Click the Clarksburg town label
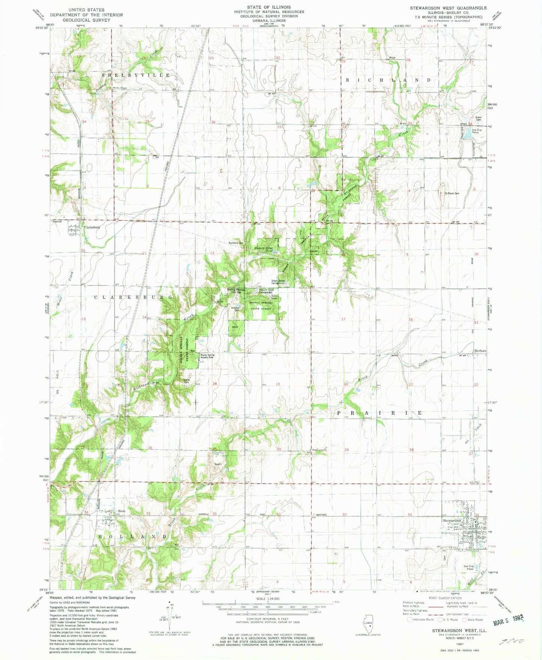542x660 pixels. point(92,227)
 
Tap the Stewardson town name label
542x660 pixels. point(452,521)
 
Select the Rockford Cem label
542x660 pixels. point(236,243)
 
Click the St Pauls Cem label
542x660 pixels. point(452,193)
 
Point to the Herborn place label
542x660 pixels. point(480,351)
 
